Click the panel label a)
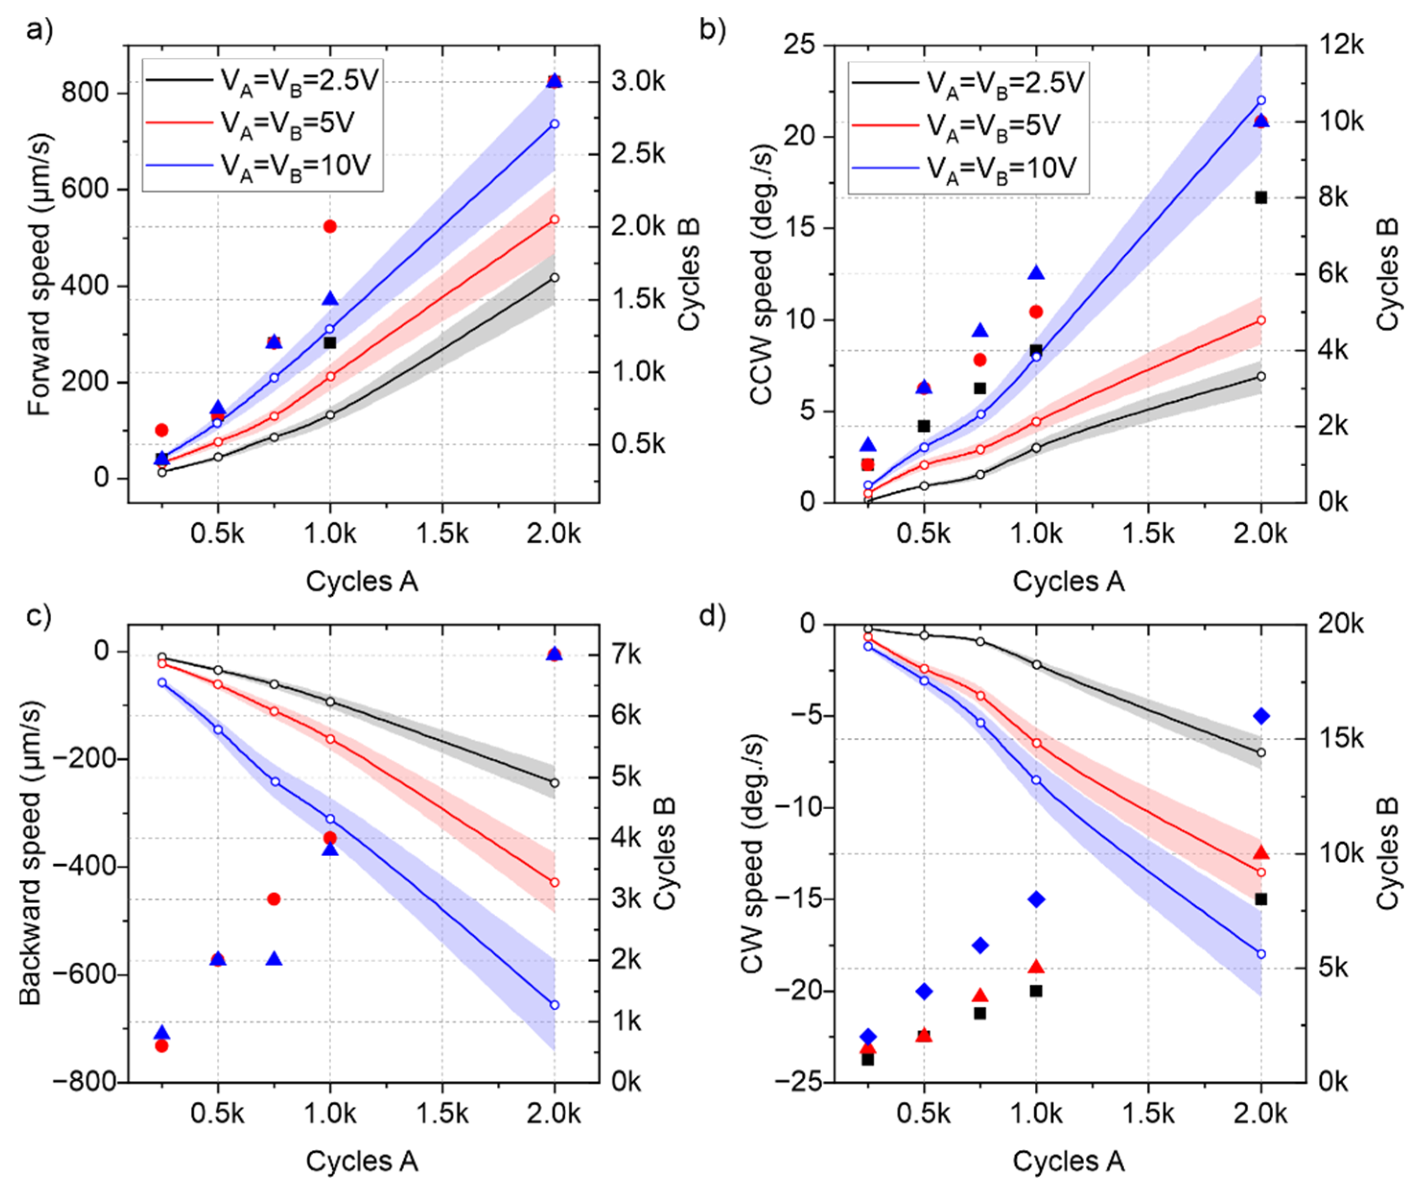[39, 31]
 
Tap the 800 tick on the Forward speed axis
[85, 92]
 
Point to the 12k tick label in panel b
[1341, 46]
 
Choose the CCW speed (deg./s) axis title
[762, 274]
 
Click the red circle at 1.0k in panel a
[330, 226]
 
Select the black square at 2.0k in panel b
[1261, 198]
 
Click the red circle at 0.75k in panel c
[274, 899]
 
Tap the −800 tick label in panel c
[85, 1082]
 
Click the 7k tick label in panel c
[626, 655]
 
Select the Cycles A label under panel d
[1069, 1161]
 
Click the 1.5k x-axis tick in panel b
[1148, 534]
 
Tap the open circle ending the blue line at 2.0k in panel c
[555, 1004]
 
